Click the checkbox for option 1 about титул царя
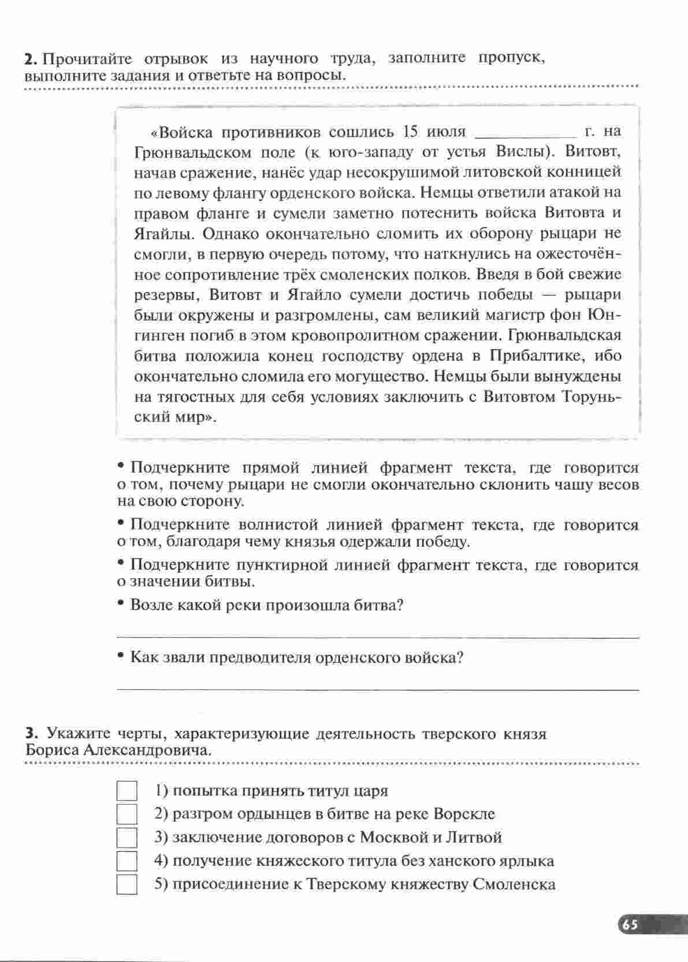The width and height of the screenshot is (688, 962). pyautogui.click(x=127, y=791)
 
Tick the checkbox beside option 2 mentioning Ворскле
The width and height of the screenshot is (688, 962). pyautogui.click(x=127, y=814)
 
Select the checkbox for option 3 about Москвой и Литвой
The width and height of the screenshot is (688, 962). pyautogui.click(x=127, y=838)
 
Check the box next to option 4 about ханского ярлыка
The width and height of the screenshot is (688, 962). pyautogui.click(x=127, y=861)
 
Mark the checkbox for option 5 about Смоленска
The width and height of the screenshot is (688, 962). pyautogui.click(x=127, y=885)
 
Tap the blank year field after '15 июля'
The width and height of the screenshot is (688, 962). pyautogui.click(x=525, y=133)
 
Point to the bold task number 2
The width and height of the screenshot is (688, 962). pyautogui.click(x=31, y=59)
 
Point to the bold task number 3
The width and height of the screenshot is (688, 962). pyautogui.click(x=31, y=734)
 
